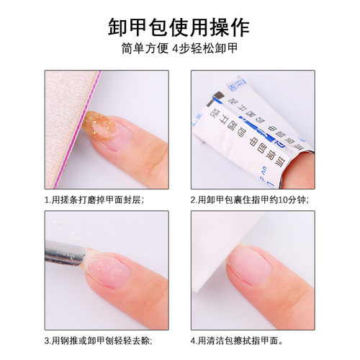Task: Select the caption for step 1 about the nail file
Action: coord(94,199)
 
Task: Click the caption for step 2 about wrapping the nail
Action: coord(249,199)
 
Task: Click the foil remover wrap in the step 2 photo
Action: coord(245,122)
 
